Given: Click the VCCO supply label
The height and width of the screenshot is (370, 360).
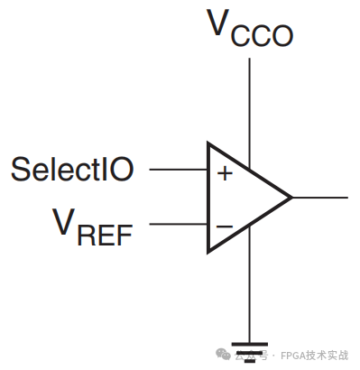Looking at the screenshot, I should coord(251,28).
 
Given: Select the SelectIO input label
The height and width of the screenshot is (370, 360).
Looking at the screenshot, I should coord(73,168).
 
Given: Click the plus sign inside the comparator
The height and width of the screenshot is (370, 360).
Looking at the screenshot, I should coord(225,173).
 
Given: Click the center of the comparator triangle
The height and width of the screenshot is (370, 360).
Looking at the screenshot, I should coord(239,197).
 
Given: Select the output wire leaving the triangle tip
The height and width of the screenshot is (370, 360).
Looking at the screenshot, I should coord(319,197).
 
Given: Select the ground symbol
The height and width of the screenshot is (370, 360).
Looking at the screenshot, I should coord(250,347).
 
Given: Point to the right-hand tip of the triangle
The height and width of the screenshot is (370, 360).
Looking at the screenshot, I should coord(291,197).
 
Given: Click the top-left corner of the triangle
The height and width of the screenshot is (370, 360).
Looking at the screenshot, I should coord(209,143).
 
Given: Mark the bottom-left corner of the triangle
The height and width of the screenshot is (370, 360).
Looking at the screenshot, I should coord(209,251).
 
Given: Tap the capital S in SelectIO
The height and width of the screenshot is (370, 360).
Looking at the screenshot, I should coord(19,168).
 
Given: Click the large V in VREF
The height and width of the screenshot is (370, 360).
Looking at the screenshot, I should coord(62,221).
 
